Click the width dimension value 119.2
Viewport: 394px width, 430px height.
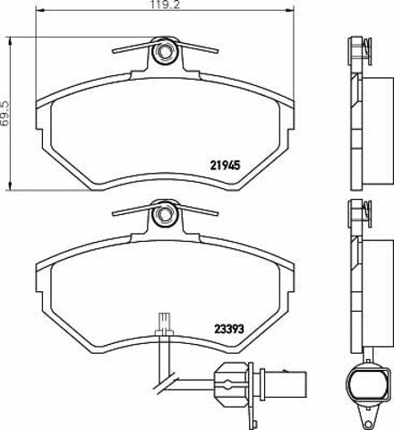[x=165, y=4]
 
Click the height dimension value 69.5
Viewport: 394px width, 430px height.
[x=4, y=115]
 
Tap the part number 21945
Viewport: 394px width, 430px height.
[x=225, y=165]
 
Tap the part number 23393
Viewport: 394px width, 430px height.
[x=229, y=329]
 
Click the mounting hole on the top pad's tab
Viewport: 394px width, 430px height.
[x=164, y=51]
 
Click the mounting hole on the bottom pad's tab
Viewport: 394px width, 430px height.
[x=164, y=214]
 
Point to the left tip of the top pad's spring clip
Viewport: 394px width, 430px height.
[x=114, y=52]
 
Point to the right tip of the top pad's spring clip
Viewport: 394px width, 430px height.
[x=218, y=51]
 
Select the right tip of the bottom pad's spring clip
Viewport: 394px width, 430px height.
[x=218, y=213]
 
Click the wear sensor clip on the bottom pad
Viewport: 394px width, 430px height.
[x=164, y=325]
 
